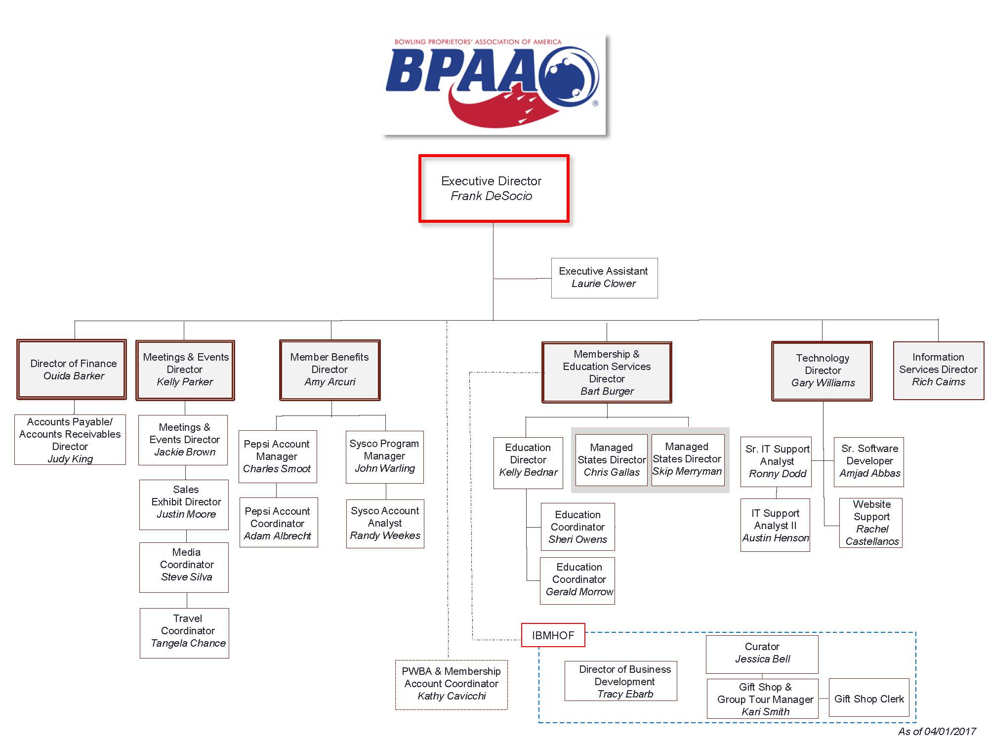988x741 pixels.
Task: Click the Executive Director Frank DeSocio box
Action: [494, 188]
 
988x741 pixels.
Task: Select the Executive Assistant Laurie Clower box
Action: [604, 278]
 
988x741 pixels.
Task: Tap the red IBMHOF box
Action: [553, 635]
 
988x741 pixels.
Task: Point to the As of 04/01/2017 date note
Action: [937, 731]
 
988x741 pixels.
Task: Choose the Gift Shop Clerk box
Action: [868, 699]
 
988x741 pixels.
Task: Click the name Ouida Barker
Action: [74, 376]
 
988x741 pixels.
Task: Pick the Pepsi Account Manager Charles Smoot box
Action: [277, 456]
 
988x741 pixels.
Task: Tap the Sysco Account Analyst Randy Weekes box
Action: [385, 523]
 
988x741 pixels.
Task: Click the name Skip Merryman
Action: [687, 471]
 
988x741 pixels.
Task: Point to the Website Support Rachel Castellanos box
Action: [871, 523]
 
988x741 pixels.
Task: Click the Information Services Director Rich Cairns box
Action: [938, 370]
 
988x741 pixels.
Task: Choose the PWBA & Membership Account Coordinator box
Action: [451, 684]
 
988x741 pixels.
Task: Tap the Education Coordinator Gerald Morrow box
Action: [578, 580]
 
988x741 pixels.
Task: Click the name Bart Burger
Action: [607, 391]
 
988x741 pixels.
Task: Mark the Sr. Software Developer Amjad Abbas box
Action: [869, 461]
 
